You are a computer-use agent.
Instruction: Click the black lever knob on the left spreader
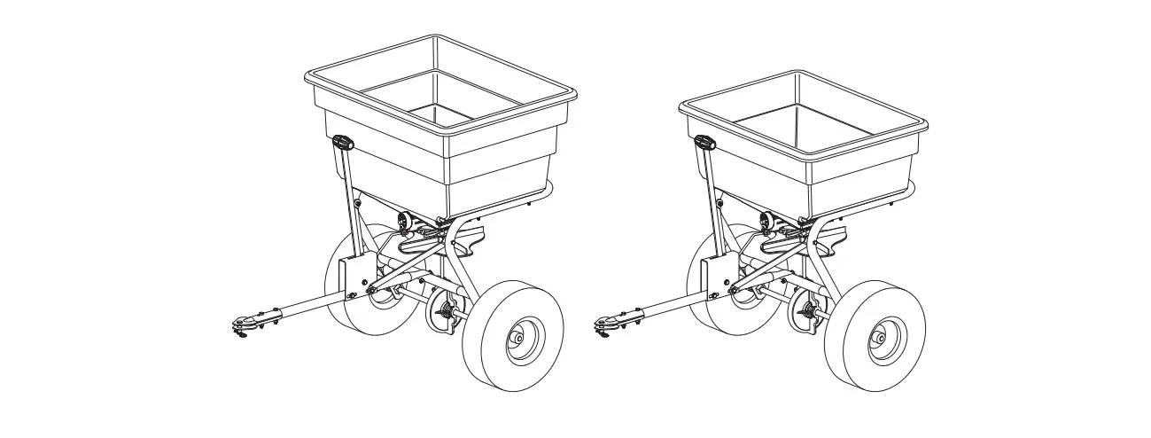pyautogui.click(x=342, y=142)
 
